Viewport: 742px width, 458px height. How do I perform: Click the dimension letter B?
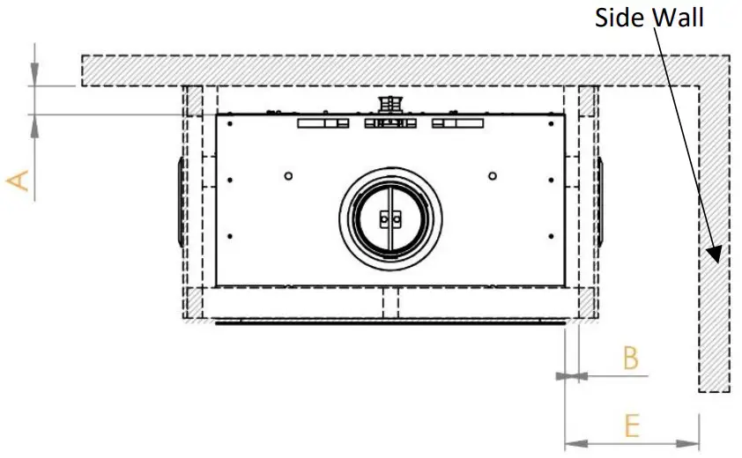(x=630, y=358)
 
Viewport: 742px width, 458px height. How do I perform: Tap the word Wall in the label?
(x=679, y=17)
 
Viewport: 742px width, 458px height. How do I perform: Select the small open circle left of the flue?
(x=288, y=174)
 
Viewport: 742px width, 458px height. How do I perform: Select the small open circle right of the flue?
(x=493, y=174)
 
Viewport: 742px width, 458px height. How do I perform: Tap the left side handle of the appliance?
(x=180, y=200)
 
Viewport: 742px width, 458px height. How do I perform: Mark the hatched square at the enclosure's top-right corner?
(x=587, y=100)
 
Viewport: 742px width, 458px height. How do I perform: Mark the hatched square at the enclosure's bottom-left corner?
(x=193, y=302)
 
